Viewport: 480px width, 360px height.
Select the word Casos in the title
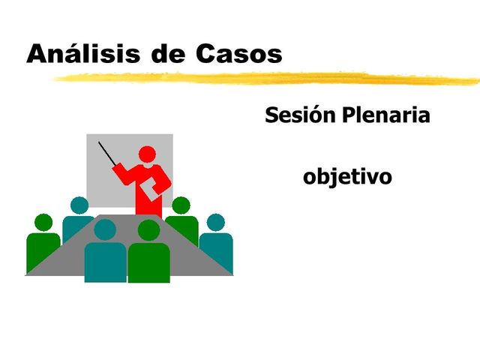(x=240, y=53)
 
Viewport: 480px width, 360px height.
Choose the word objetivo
(x=347, y=178)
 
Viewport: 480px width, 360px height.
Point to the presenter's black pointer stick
(x=109, y=154)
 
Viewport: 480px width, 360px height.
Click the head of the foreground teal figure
(x=105, y=229)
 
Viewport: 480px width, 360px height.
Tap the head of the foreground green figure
(x=150, y=229)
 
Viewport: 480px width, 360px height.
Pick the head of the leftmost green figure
(x=44, y=222)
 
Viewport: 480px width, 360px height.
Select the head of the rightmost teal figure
(x=216, y=222)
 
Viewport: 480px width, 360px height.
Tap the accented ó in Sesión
(x=320, y=115)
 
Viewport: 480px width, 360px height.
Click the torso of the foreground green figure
(x=149, y=262)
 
